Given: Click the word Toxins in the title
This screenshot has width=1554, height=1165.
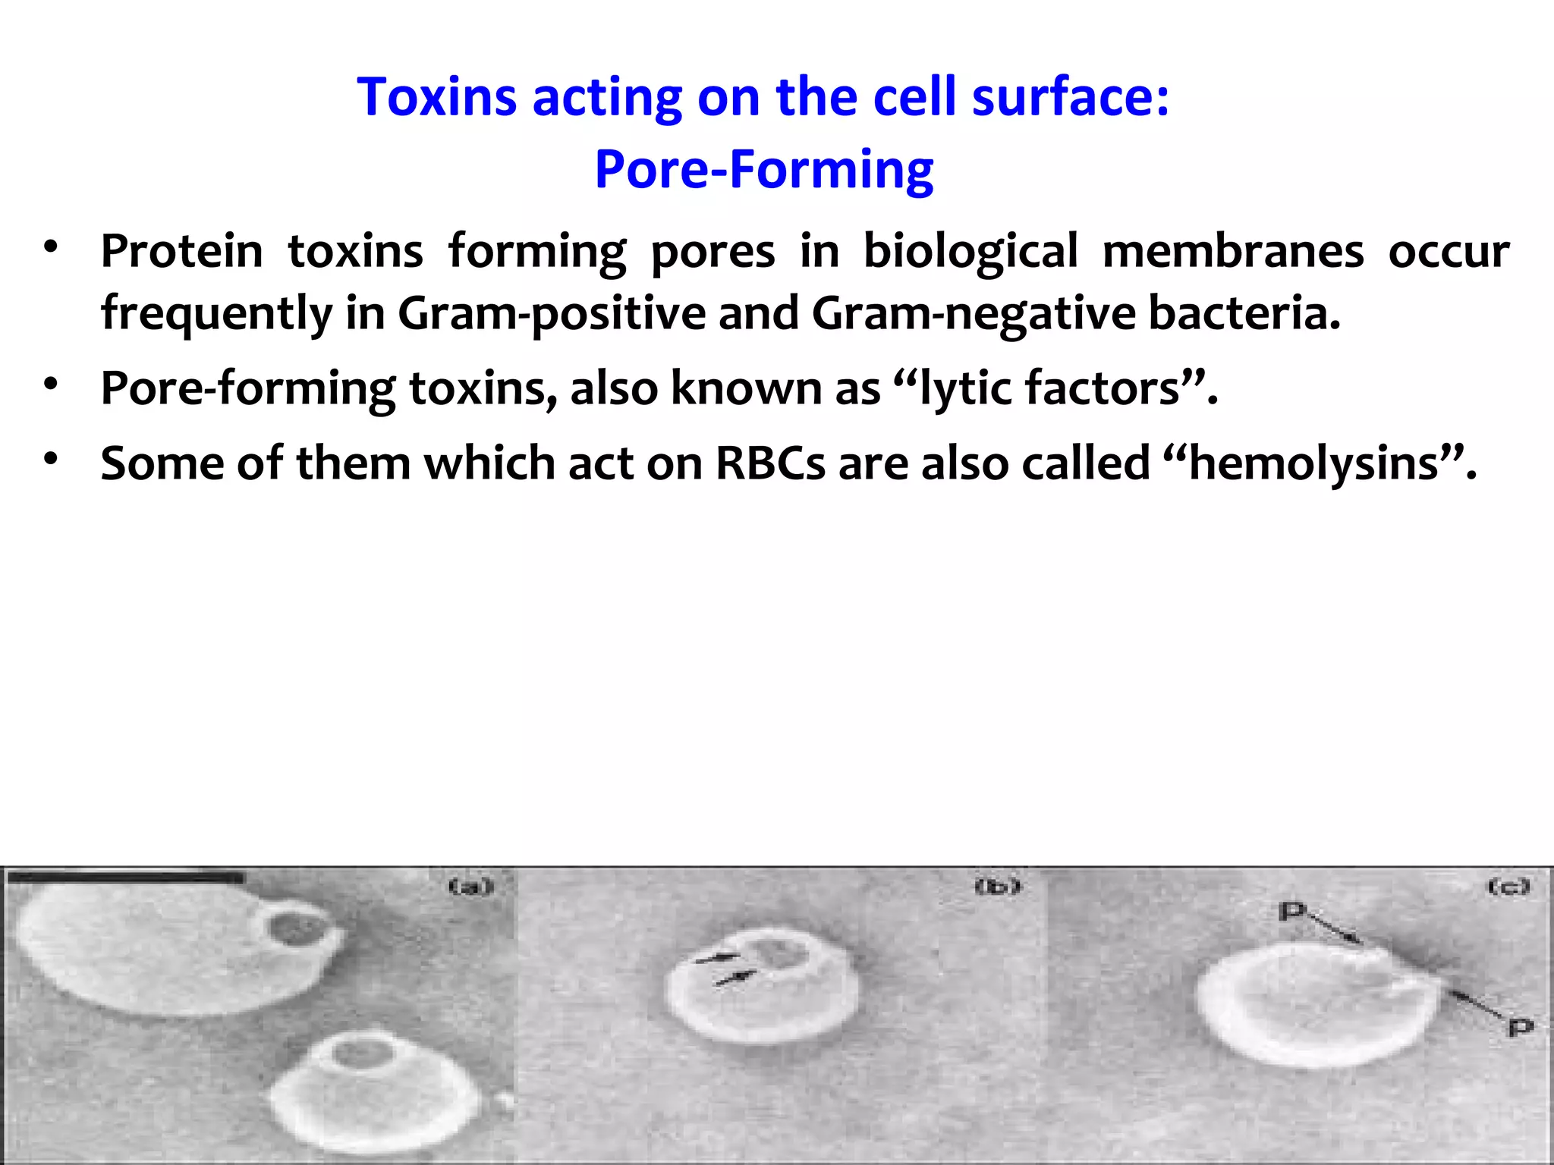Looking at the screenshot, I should [x=437, y=97].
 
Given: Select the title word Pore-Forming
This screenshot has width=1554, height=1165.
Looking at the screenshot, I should [x=763, y=170].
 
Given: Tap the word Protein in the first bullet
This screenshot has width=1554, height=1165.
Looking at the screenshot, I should [x=182, y=251].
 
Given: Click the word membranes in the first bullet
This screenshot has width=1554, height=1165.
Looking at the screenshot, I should [x=1232, y=251].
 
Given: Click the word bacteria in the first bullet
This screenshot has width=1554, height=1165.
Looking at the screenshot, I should [x=1244, y=313].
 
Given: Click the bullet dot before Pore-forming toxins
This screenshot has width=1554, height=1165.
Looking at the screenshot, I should [x=51, y=384].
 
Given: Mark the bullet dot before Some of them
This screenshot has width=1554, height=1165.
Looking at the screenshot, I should [x=51, y=459].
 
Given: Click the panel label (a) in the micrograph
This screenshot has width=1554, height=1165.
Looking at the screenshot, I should [x=470, y=886].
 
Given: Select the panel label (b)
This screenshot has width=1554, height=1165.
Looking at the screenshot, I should [x=997, y=886].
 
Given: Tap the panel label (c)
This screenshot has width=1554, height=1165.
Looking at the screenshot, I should [x=1508, y=886].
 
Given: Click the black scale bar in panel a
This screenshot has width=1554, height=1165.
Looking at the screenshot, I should [x=126, y=878].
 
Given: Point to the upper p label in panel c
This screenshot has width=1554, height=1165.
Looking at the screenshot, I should [x=1291, y=911].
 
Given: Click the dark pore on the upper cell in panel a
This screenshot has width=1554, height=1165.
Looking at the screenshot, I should [x=292, y=928].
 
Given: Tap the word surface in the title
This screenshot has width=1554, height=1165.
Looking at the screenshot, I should [x=1071, y=97].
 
